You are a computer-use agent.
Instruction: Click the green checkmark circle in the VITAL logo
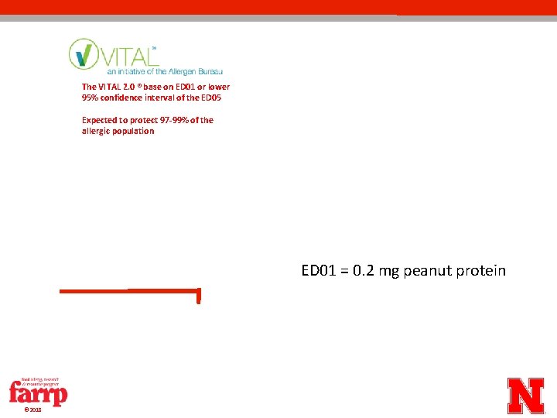coord(83,53)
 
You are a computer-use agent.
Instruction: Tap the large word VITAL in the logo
coord(124,55)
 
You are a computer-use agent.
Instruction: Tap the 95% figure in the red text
coord(91,98)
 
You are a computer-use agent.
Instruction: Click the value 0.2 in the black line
coord(362,271)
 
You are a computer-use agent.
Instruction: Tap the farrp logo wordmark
coord(38,393)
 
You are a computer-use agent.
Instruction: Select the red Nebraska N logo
coord(526,396)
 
